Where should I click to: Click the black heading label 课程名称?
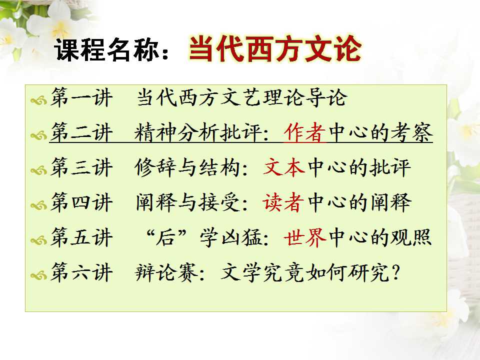pyautogui.click(x=107, y=49)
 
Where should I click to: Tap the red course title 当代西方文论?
pyautogui.click(x=275, y=48)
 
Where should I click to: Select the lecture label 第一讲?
pyautogui.click(x=81, y=97)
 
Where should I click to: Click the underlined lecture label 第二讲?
pyautogui.click(x=81, y=132)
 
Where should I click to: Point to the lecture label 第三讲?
pyautogui.click(x=81, y=167)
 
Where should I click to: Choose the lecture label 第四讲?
pyautogui.click(x=81, y=202)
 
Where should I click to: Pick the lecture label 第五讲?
pyautogui.click(x=81, y=237)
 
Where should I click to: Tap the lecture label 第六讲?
pyautogui.click(x=81, y=272)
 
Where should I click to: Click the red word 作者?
pyautogui.click(x=304, y=132)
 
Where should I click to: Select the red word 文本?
pyautogui.click(x=284, y=167)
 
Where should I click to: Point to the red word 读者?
pyautogui.click(x=283, y=202)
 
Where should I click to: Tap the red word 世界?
pyautogui.click(x=305, y=237)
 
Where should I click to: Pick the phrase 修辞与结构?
pyautogui.click(x=187, y=167)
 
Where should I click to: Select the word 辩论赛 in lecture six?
pyautogui.click(x=166, y=272)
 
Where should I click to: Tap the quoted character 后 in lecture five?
pyautogui.click(x=166, y=237)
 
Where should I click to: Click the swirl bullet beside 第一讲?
pyautogui.click(x=39, y=100)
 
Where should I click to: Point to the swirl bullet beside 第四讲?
pyautogui.click(x=39, y=205)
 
